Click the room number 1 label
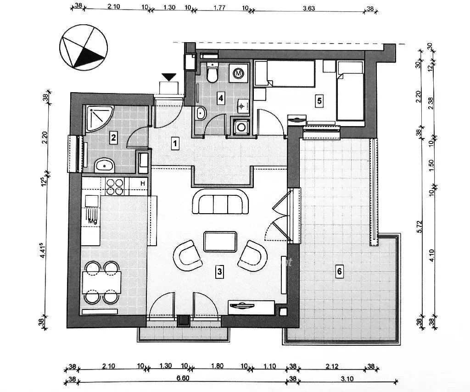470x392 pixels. click(175, 144)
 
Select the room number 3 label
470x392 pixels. click(220, 272)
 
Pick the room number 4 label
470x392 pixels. click(221, 98)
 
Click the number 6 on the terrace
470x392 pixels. click(340, 272)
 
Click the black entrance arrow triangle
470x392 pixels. click(169, 77)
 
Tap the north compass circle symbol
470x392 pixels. click(84, 47)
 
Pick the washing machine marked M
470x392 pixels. click(238, 73)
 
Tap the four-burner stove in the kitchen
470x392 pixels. click(115, 187)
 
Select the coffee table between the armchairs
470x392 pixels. click(220, 242)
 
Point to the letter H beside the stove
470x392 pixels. click(143, 184)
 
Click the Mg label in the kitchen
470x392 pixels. click(93, 221)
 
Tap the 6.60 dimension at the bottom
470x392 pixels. click(182, 379)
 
